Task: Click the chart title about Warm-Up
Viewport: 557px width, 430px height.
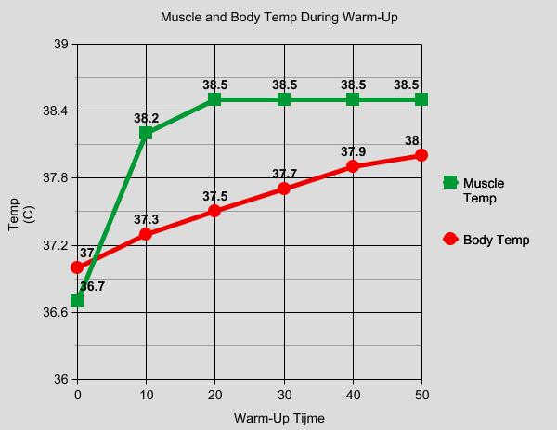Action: point(278,18)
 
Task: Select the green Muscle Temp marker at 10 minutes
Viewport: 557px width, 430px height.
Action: point(146,133)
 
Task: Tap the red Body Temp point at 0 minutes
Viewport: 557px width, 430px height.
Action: point(77,267)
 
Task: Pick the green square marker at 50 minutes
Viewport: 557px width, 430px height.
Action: point(421,99)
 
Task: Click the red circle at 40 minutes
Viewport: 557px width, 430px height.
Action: point(353,166)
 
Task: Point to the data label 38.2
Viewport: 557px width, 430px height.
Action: point(146,119)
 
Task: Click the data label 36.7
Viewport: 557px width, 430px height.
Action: point(92,287)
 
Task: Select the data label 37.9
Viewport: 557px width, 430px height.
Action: point(353,152)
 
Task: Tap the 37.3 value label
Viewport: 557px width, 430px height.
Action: point(146,220)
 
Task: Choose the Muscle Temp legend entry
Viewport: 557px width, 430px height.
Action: point(483,190)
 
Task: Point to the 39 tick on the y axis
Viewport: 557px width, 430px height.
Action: point(61,44)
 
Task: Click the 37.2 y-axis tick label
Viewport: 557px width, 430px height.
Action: point(56,245)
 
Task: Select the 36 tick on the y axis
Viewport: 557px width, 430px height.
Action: point(61,380)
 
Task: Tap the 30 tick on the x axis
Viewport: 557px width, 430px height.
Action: point(284,396)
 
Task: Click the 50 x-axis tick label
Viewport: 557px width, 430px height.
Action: point(421,396)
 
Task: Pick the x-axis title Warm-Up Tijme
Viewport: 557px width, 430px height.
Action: point(278,418)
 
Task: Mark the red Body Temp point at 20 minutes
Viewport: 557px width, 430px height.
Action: point(214,211)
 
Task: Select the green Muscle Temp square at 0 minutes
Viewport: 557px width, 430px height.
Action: point(77,300)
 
